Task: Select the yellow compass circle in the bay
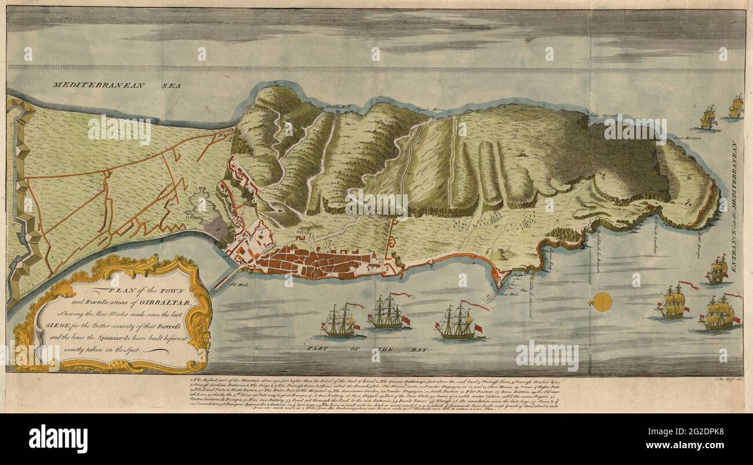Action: (602, 302)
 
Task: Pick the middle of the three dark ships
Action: (388, 314)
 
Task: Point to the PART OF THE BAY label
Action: (376, 350)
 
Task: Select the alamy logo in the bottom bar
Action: (58, 438)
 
